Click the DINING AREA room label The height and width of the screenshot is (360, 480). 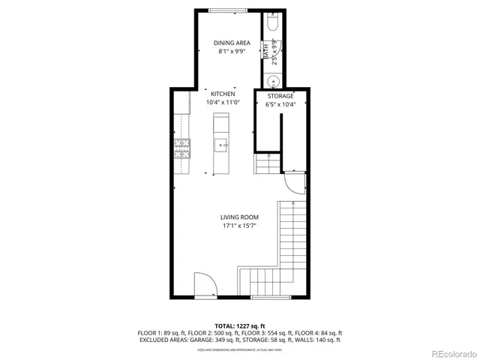231,43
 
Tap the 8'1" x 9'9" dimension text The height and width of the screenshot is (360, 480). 231,52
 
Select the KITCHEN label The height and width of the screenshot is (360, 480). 223,94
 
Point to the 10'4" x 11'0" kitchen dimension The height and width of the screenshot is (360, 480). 223,103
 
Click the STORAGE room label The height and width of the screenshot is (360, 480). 280,96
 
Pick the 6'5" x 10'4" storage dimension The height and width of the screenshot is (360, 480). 280,105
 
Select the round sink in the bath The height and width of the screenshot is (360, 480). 274,82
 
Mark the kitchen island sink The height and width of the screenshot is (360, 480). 221,145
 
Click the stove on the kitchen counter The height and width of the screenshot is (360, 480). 181,149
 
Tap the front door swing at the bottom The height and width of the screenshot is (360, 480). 205,286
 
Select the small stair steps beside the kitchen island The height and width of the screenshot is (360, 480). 266,163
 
